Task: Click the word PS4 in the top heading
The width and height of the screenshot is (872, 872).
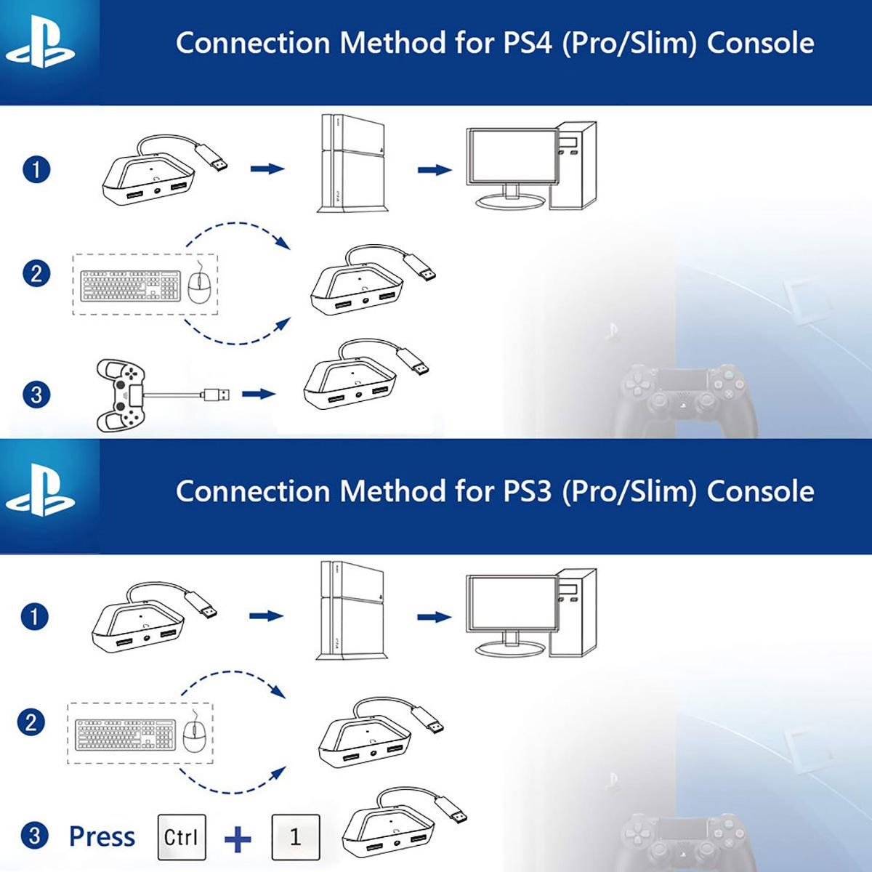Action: (530, 44)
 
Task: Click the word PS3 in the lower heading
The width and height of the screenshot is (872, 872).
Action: (530, 492)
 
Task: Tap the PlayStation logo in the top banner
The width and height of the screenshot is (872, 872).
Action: (40, 45)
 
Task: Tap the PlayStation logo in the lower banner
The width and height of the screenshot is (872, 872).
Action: (40, 493)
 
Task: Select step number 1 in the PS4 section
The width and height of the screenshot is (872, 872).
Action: (36, 170)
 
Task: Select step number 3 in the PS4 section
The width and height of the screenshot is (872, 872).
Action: (36, 395)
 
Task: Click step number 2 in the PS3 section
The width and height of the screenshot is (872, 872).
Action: (31, 723)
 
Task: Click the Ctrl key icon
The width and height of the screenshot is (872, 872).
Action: (181, 837)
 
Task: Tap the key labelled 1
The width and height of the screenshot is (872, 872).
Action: (295, 837)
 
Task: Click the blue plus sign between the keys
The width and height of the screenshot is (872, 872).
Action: (238, 840)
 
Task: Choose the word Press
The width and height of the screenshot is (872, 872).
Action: (102, 837)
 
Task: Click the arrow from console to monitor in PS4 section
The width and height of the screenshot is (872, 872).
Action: (434, 170)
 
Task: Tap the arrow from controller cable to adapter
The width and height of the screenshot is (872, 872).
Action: (259, 395)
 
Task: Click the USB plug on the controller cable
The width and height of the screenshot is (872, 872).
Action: (217, 395)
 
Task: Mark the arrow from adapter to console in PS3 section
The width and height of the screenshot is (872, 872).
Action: (266, 616)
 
